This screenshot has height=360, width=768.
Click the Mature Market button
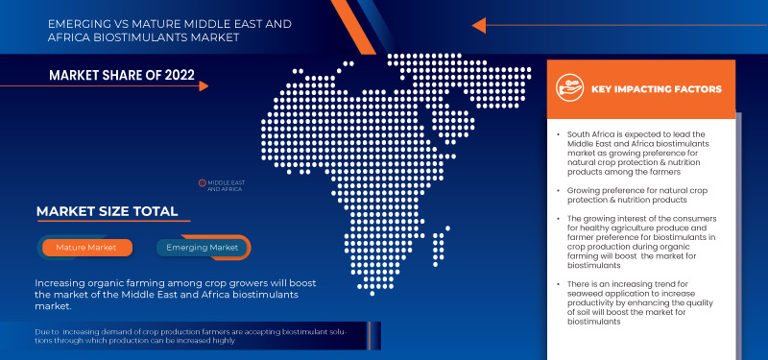click(86, 248)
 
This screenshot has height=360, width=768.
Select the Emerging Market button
click(203, 248)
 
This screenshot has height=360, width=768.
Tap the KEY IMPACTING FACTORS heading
click(657, 89)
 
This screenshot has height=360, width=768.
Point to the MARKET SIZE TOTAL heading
click(107, 211)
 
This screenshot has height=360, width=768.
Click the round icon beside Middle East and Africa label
click(202, 181)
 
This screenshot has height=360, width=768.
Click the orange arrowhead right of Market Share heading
click(204, 85)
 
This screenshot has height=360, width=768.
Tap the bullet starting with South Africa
click(636, 153)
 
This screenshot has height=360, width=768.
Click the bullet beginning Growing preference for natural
click(636, 197)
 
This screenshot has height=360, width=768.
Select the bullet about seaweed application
click(636, 304)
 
